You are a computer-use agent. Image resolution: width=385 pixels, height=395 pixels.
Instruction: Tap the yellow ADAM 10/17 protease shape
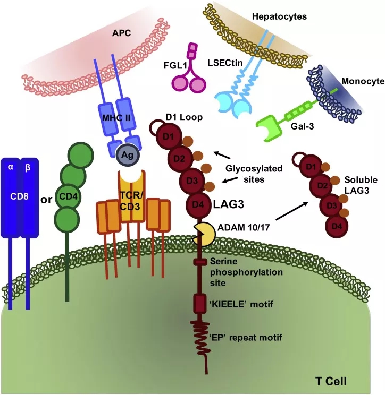205,233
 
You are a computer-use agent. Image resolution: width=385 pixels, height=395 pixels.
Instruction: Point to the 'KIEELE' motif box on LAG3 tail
200,304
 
